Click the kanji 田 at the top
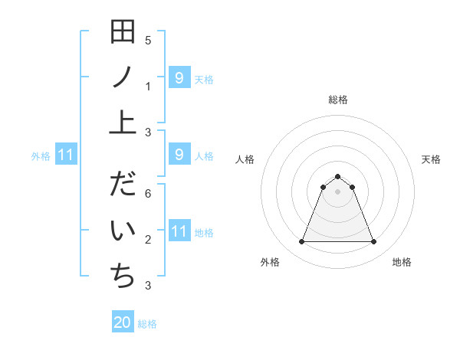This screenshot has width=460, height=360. click(x=123, y=34)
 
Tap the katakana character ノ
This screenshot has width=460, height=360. click(x=123, y=77)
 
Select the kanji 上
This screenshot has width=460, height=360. click(x=123, y=121)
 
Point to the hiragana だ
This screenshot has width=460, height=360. click(x=123, y=185)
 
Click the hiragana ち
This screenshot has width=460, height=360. click(x=123, y=275)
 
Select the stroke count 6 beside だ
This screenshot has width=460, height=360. click(x=148, y=195)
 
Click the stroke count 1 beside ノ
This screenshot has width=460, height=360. click(x=148, y=87)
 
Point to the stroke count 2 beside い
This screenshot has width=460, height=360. click(x=148, y=241)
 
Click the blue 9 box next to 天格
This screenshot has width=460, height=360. click(x=179, y=77)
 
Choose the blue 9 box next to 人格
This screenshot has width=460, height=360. click(x=179, y=155)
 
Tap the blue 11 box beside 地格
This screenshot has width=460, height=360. click(x=179, y=231)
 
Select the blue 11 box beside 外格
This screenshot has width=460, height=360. click(x=66, y=155)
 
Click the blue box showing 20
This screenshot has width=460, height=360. click(x=123, y=322)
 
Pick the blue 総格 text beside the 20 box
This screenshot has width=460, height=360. click(x=147, y=324)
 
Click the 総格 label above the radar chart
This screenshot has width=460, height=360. click(x=338, y=100)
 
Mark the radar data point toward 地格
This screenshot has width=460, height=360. click(x=374, y=242)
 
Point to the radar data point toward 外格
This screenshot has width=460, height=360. click(x=301, y=242)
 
